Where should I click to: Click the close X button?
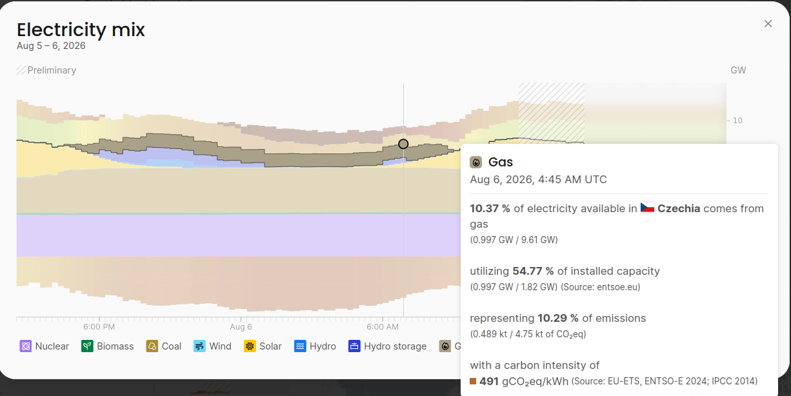click(768, 24)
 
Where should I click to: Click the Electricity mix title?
click(81, 30)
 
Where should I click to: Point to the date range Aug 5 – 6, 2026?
click(51, 46)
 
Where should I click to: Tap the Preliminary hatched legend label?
click(46, 70)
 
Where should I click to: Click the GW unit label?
click(738, 70)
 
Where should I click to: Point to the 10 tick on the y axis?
click(737, 121)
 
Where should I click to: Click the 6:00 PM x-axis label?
click(99, 327)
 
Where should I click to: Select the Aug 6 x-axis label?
click(241, 327)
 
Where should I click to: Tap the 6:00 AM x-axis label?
click(383, 327)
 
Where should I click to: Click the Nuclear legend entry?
click(45, 346)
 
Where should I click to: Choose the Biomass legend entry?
click(107, 346)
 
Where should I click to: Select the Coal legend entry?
click(164, 346)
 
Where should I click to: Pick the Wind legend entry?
click(212, 346)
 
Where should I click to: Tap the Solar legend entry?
click(263, 346)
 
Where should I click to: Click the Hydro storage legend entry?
click(387, 346)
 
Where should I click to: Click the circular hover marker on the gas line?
click(403, 144)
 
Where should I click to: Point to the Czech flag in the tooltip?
click(647, 208)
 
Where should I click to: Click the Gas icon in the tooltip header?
click(476, 163)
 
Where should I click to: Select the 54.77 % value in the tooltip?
click(533, 271)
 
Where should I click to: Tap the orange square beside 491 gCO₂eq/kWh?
click(473, 381)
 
